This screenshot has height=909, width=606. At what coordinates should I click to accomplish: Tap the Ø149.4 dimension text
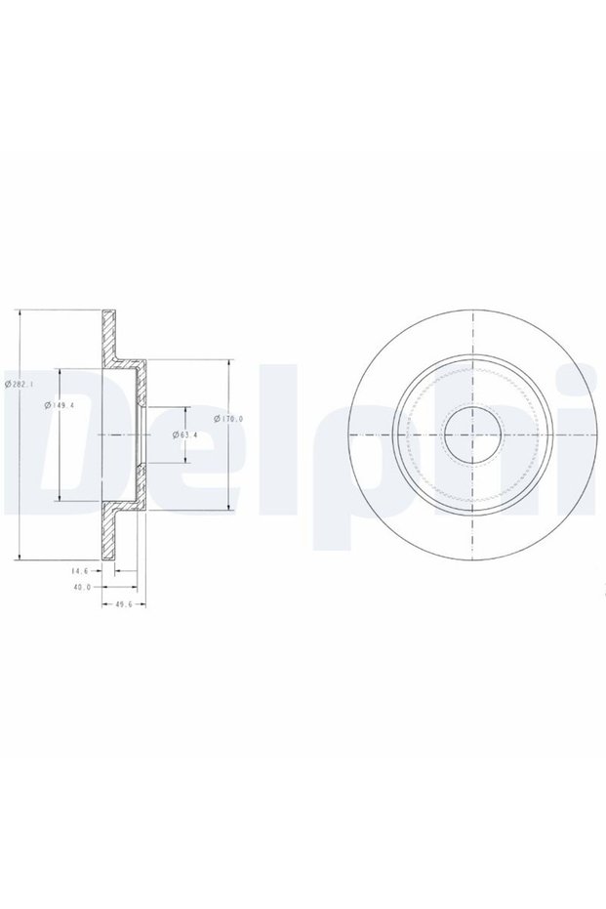point(60,405)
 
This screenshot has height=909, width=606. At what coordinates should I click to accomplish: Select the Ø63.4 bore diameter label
point(185,434)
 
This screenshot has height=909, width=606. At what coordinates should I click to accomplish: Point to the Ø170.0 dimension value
point(228,419)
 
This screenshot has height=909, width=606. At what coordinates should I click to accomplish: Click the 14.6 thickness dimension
point(79,571)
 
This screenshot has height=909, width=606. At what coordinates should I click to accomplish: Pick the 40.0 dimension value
point(82,587)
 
